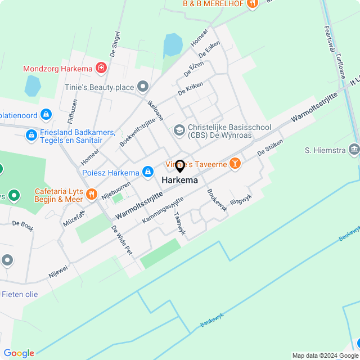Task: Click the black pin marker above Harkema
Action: [x=180, y=166]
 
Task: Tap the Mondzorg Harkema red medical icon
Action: [x=101, y=68]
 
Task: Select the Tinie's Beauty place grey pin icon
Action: [x=143, y=87]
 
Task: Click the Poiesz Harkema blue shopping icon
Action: [x=147, y=172]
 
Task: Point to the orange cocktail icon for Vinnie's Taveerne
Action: [x=235, y=164]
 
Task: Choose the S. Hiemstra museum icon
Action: [x=354, y=150]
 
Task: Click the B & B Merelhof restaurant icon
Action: [x=251, y=3]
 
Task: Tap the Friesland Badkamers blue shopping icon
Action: [x=31, y=135]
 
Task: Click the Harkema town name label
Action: [x=179, y=181]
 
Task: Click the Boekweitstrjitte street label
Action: [x=137, y=128]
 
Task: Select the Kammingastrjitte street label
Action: [x=163, y=209]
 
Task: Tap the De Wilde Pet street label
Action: [x=121, y=240]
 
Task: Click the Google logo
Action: [x=19, y=353]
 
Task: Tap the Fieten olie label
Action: [x=20, y=294]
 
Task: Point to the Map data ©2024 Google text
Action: [x=325, y=355]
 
